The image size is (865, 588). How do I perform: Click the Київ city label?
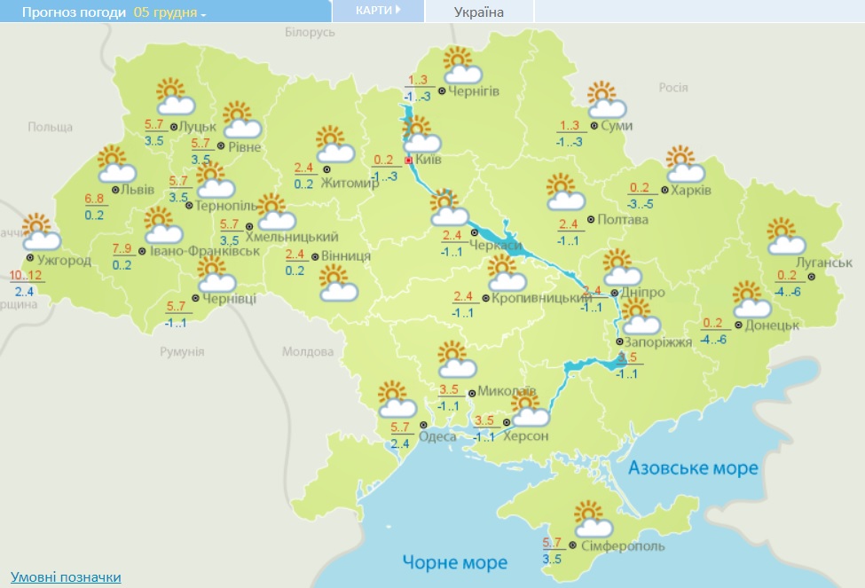[x=428, y=160]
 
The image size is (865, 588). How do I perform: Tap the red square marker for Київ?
[x=408, y=161]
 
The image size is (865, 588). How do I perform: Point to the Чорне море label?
[x=454, y=562]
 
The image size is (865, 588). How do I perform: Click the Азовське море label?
[x=693, y=467]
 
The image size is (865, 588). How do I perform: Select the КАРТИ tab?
[x=377, y=11]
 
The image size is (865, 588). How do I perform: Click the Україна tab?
[x=478, y=12]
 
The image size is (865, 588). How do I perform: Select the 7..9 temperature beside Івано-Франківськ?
[x=123, y=248]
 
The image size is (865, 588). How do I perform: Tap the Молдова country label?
[x=308, y=352]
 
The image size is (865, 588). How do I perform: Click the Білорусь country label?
[x=310, y=32]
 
